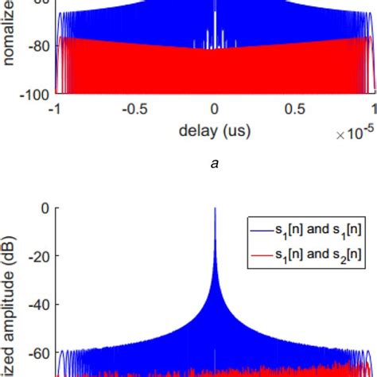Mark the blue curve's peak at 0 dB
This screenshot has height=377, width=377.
coord(215,209)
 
